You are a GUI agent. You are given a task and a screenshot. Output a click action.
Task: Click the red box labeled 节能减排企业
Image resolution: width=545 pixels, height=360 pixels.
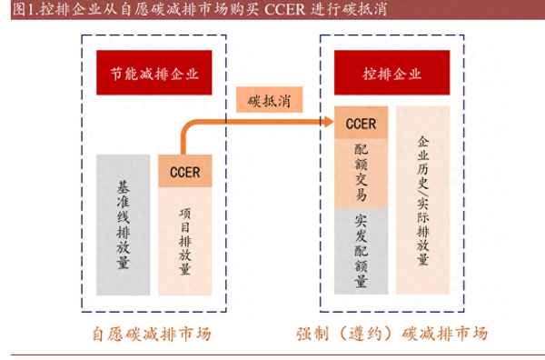pyautogui.click(x=154, y=73)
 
